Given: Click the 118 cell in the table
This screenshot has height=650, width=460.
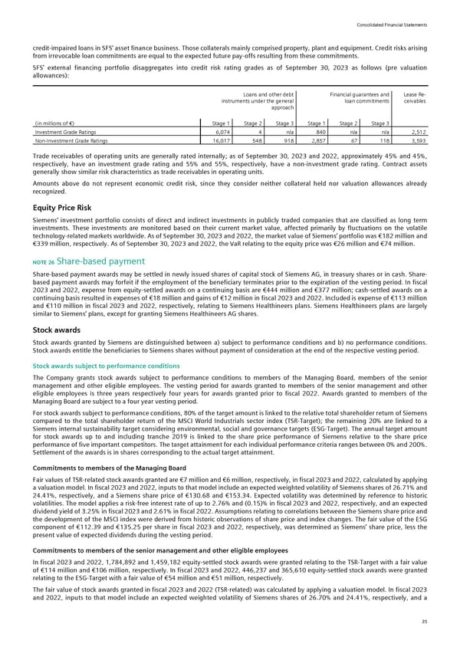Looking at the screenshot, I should coord(387,141).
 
